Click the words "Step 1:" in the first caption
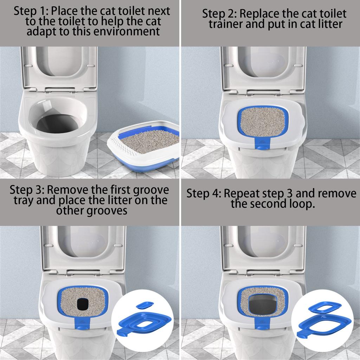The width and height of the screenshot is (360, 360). point(31,11)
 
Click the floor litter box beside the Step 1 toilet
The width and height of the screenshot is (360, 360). point(143,146)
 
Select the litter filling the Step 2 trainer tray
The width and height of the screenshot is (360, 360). point(262,121)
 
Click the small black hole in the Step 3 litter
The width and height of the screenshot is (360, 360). point(83,304)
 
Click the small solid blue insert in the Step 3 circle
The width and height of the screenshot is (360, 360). point(144,305)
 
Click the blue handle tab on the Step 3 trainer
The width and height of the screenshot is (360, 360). point(82,323)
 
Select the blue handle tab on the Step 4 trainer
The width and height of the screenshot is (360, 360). point(262,323)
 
